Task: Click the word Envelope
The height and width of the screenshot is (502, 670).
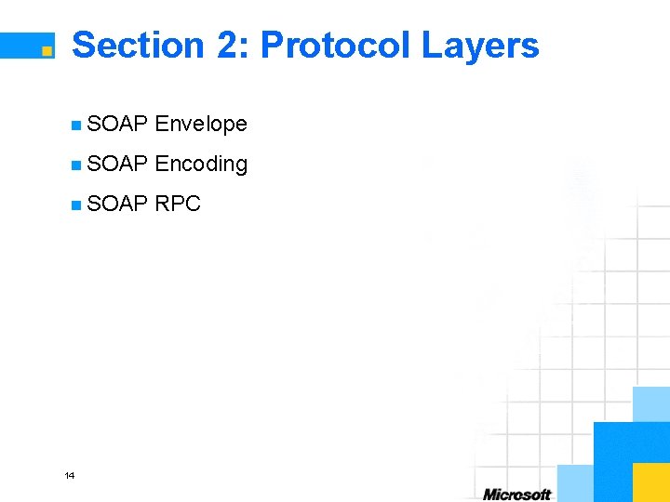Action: pos(201,124)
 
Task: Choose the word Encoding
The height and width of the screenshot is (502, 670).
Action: pos(201,165)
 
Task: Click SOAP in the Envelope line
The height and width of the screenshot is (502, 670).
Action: pos(117,124)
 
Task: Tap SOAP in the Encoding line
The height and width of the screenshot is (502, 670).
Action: pos(117,165)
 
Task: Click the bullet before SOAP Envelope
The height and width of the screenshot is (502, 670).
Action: pos(75,125)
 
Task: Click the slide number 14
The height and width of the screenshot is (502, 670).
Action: pos(70,476)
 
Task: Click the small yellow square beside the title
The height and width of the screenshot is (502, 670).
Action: pos(47,52)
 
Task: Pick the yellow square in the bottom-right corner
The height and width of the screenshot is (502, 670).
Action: pos(650,482)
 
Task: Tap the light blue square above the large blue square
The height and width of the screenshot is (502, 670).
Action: pos(650,403)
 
